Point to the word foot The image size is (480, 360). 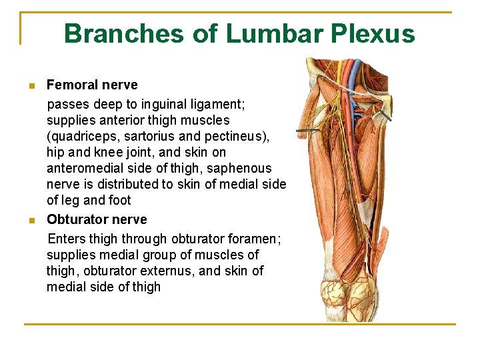click(119, 200)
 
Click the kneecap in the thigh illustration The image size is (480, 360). click(337, 294)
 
